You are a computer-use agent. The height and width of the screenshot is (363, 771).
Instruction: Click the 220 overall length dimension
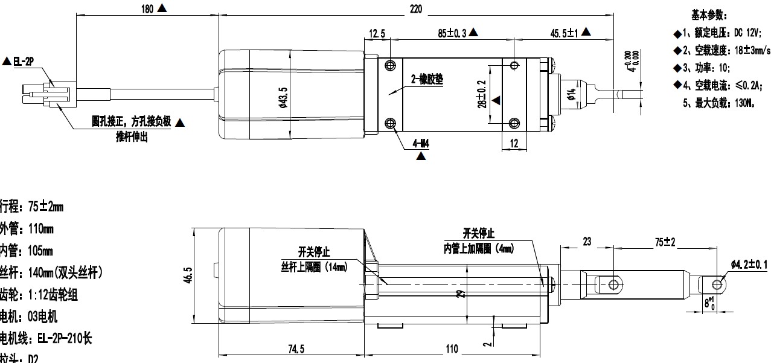pyautogui.click(x=416, y=8)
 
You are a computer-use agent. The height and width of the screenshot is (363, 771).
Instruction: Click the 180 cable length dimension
pyautogui.click(x=147, y=8)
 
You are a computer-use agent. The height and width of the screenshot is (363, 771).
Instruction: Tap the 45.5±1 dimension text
pyautogui.click(x=563, y=34)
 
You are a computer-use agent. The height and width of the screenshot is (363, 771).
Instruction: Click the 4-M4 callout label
pyautogui.click(x=421, y=144)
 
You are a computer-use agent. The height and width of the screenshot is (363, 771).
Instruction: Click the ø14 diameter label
pyautogui.click(x=571, y=95)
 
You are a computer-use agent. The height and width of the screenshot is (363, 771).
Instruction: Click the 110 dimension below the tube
pyautogui.click(x=452, y=349)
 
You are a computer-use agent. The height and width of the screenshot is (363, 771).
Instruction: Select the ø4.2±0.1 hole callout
pyautogui.click(x=749, y=265)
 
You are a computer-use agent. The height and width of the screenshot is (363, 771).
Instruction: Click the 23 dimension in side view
pyautogui.click(x=587, y=242)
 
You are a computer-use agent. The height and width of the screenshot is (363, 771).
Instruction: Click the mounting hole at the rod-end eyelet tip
pyautogui.click(x=717, y=284)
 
